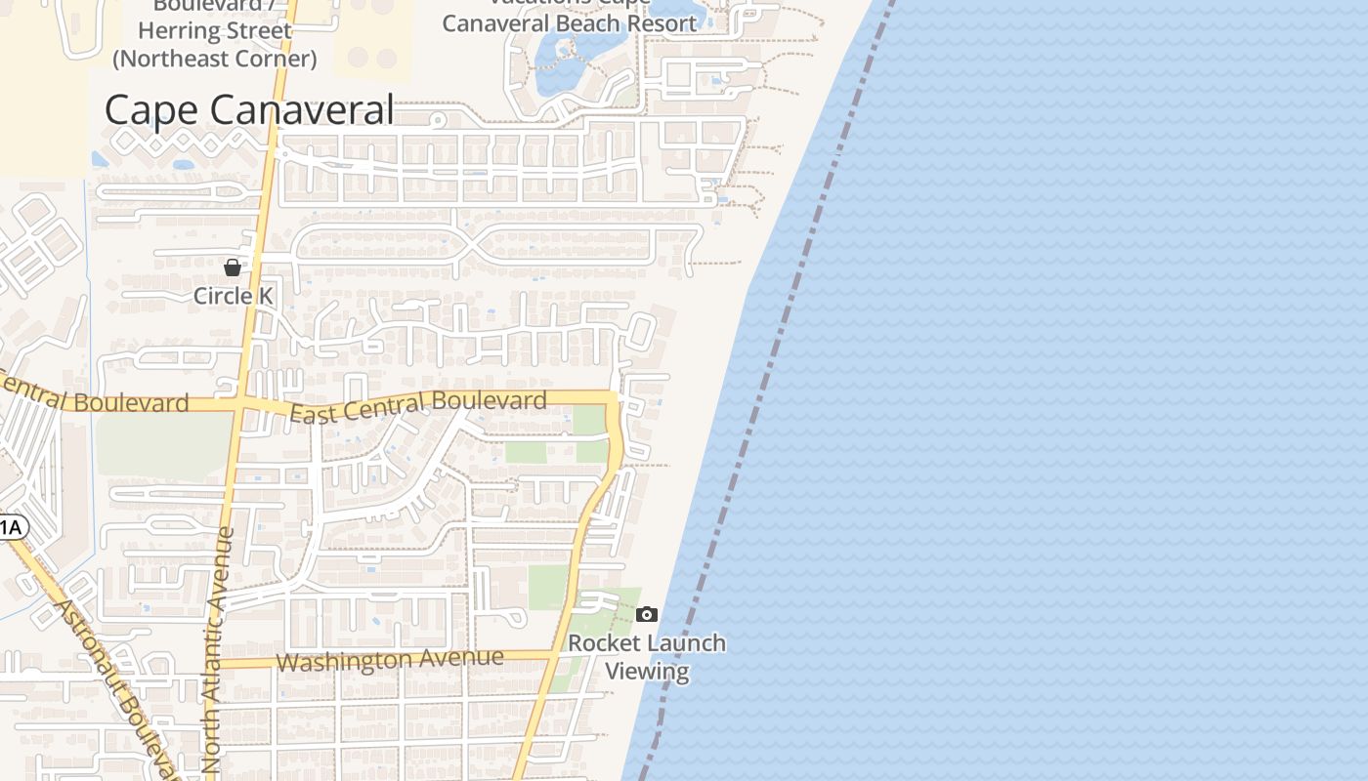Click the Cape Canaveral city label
click(248, 109)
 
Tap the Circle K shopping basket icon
click(233, 267)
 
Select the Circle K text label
click(234, 295)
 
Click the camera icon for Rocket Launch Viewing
click(646, 614)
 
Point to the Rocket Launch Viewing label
click(647, 656)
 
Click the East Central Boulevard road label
click(418, 406)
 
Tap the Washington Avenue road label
click(390, 660)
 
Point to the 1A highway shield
click(11, 528)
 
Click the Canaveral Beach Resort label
click(570, 22)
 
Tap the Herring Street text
click(223, 31)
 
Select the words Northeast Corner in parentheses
click(215, 59)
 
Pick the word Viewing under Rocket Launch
click(647, 671)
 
